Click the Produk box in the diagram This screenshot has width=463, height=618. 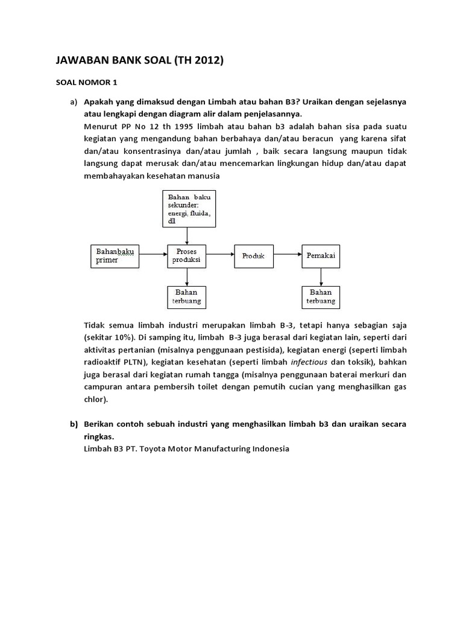(253, 256)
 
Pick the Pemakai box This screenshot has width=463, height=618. (321, 256)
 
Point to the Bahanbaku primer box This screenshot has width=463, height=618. (115, 255)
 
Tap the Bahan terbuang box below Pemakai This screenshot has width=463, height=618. (321, 296)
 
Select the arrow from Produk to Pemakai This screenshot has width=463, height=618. (288, 256)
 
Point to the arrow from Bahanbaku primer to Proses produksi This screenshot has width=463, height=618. (153, 256)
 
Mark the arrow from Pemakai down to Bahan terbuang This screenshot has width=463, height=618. (321, 276)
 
